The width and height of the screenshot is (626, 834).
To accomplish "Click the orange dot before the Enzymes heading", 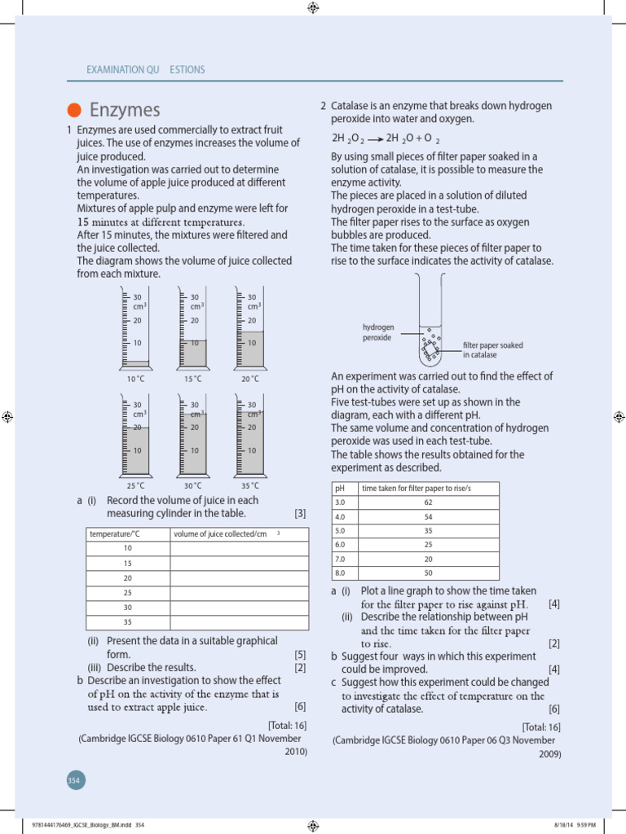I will coord(74,111).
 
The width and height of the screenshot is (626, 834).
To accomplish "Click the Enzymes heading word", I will coord(125,110).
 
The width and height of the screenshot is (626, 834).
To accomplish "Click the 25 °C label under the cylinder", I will coord(136,485).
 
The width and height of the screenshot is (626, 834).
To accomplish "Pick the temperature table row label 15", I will coord(127,563).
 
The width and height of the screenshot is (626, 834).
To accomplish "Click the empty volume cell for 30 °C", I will coord(239,607).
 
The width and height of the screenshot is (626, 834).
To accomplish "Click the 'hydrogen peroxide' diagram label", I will coord(378,332).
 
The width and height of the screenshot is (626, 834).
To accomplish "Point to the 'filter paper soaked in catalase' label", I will coord(492,350).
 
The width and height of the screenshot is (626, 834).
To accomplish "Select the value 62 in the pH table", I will coord(428,502).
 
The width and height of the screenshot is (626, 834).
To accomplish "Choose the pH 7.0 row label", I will coord(341,560).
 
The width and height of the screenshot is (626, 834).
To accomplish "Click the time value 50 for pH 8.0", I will coord(428,574).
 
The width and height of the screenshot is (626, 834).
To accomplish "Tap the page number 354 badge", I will coord(74,780).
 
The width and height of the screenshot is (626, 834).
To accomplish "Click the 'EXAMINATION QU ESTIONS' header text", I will coord(146,70).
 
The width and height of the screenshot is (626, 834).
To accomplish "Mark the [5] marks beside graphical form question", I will coord(300,654).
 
